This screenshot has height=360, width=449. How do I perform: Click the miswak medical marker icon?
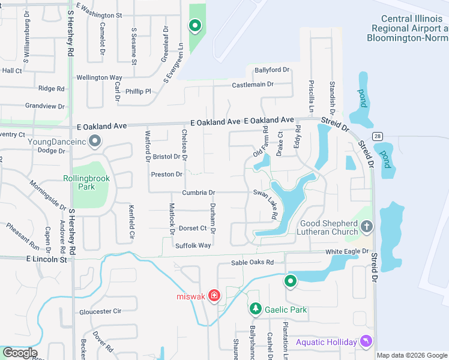(214, 296)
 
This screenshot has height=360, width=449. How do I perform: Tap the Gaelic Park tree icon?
(256, 309)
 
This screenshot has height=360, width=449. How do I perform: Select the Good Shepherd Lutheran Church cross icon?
(367, 227)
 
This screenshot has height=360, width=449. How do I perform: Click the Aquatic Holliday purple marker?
(366, 341)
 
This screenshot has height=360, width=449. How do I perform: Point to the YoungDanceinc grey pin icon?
(94, 142)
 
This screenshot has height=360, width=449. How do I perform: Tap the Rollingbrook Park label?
(79, 182)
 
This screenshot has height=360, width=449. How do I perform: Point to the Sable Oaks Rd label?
(253, 263)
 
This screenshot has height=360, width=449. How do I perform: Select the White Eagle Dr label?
(347, 251)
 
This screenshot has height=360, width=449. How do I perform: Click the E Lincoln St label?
(46, 259)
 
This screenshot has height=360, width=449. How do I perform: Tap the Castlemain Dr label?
(253, 85)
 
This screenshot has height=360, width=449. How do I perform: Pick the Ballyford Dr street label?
(271, 70)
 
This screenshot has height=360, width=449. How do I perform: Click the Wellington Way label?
(99, 77)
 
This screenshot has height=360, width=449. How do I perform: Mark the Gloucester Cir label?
(100, 311)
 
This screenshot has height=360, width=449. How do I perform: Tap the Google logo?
(19, 353)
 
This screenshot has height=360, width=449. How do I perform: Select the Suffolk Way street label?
(193, 245)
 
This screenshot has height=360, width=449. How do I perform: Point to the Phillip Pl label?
(138, 92)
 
